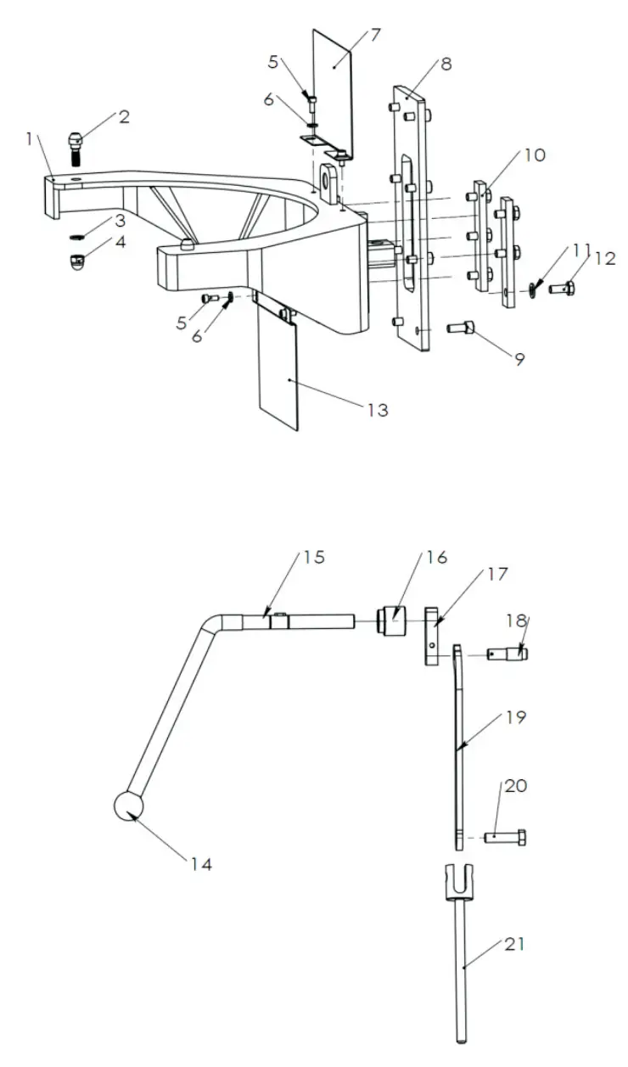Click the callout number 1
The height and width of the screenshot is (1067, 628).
(x=32, y=138)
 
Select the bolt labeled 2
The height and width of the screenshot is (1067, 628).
(x=75, y=142)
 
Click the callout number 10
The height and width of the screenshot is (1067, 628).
(x=535, y=155)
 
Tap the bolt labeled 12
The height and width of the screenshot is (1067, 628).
(x=561, y=289)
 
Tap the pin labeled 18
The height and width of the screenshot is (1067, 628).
(x=508, y=654)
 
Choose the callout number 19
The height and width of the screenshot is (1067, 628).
(x=516, y=717)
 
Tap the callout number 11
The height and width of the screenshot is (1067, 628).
(x=581, y=250)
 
